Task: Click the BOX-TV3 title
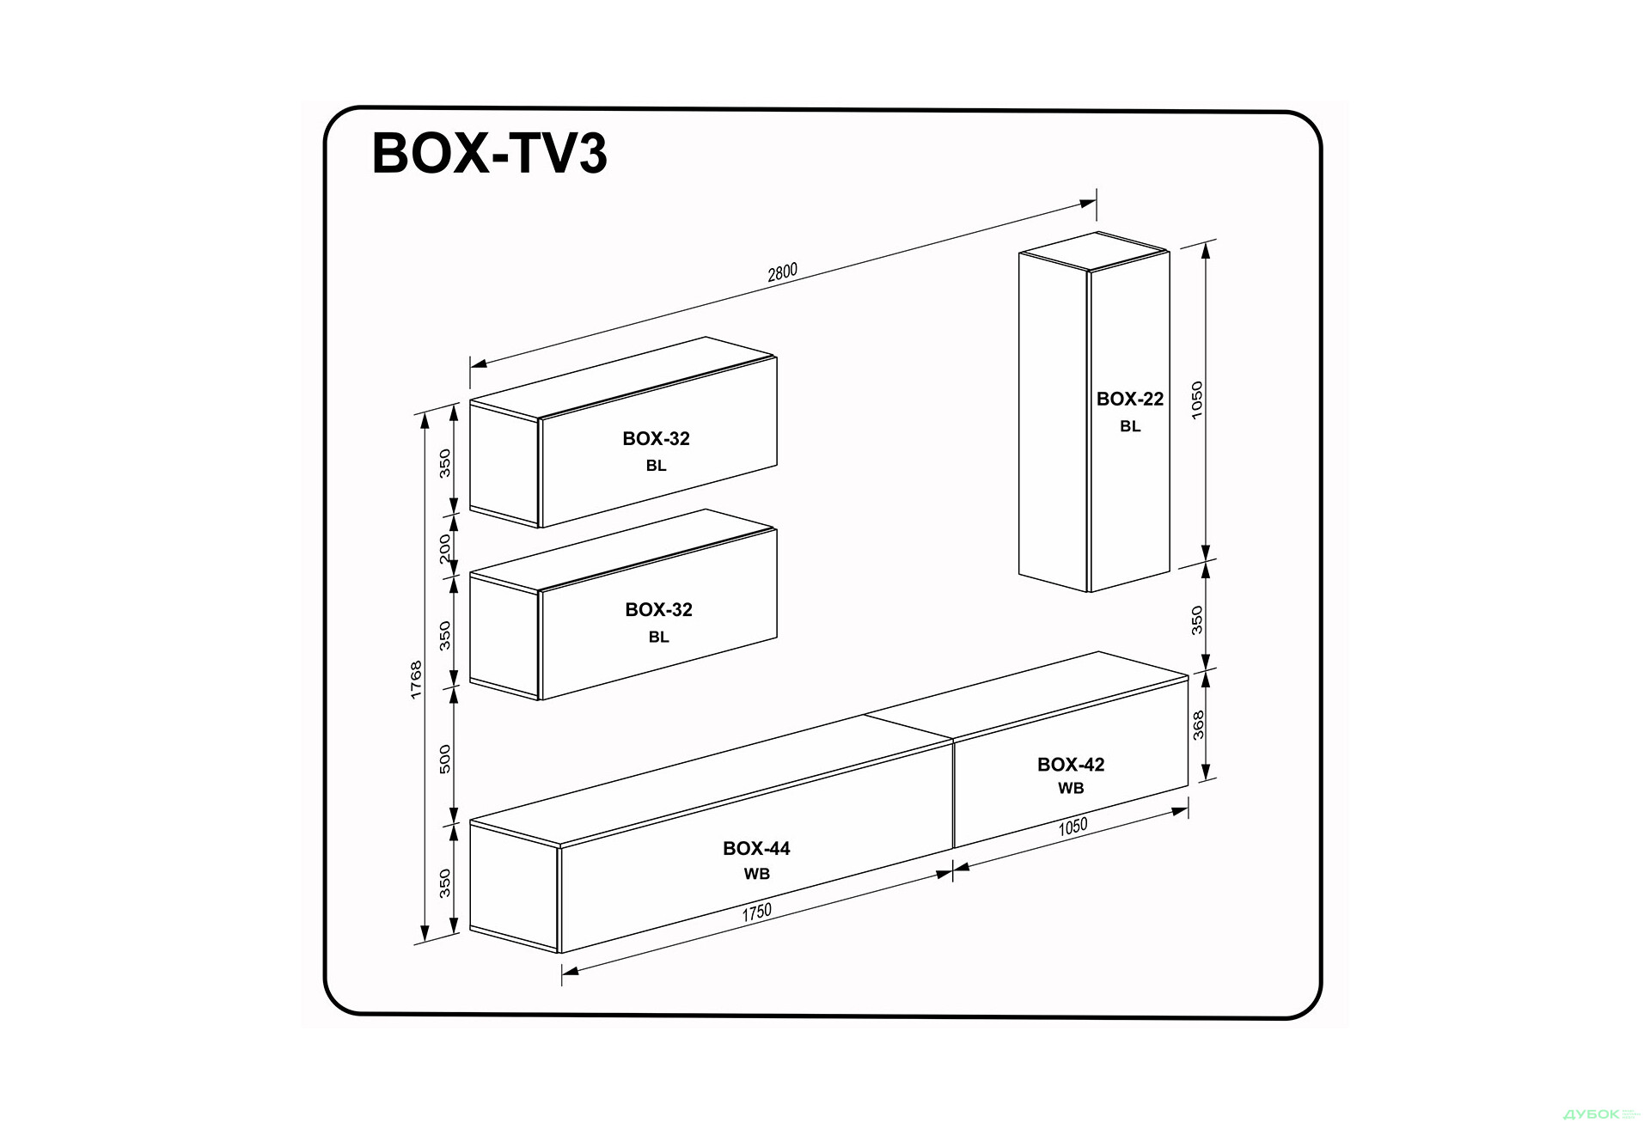[x=489, y=154]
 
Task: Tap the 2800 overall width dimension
[x=782, y=272]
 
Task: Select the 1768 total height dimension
[x=416, y=679]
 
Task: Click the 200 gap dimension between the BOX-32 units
[x=444, y=549]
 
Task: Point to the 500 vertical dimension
[x=444, y=759]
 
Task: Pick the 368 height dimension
[x=1198, y=724]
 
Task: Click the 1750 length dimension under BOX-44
[x=756, y=912]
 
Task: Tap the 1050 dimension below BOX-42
[x=1072, y=827]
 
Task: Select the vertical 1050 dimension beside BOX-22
[x=1196, y=400]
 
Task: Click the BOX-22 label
[x=1129, y=399]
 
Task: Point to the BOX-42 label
[x=1070, y=764]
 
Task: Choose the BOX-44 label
[x=756, y=848]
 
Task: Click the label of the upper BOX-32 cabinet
[x=656, y=438]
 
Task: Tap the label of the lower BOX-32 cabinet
[x=658, y=609]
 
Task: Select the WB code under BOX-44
[x=756, y=874]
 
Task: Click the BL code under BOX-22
[x=1129, y=426]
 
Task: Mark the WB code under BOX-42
[x=1070, y=788]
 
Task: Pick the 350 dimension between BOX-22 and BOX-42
[x=1196, y=619]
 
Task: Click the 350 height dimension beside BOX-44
[x=444, y=883]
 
